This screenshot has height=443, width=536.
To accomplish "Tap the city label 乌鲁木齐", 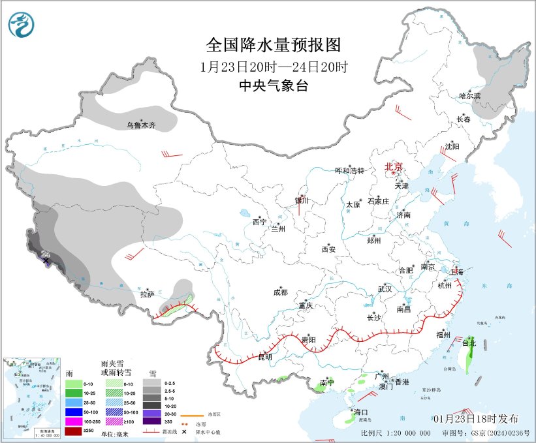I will click(x=141, y=125).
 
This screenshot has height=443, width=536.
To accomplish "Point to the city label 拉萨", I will click(x=147, y=295).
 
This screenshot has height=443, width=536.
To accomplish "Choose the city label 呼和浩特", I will click(x=349, y=170).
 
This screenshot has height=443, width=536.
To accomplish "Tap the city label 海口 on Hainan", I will click(x=362, y=412).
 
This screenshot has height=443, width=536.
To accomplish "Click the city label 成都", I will click(x=280, y=292).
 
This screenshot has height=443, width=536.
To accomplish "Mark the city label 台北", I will click(x=469, y=342).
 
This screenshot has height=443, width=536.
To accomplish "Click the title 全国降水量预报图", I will click(x=274, y=45).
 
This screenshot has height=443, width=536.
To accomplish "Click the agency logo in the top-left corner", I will click(x=23, y=24).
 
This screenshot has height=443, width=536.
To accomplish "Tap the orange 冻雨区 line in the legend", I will click(x=190, y=414).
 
